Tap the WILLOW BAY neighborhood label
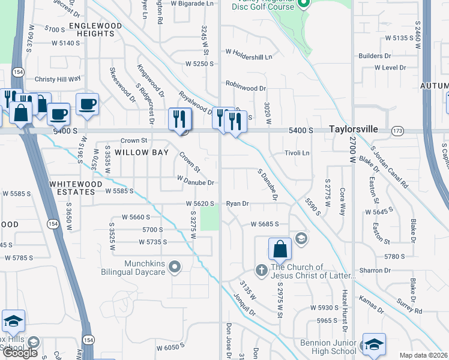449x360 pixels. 139,152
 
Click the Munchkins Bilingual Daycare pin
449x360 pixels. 175,265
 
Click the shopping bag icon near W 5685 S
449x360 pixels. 280,249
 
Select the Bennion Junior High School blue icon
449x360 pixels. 373,344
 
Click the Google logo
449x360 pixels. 20,353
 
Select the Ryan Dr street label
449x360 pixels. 237,203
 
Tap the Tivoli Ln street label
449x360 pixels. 297,153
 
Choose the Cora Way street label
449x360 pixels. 342,200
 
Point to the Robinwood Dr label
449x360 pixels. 246,88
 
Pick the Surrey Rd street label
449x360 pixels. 410,310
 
